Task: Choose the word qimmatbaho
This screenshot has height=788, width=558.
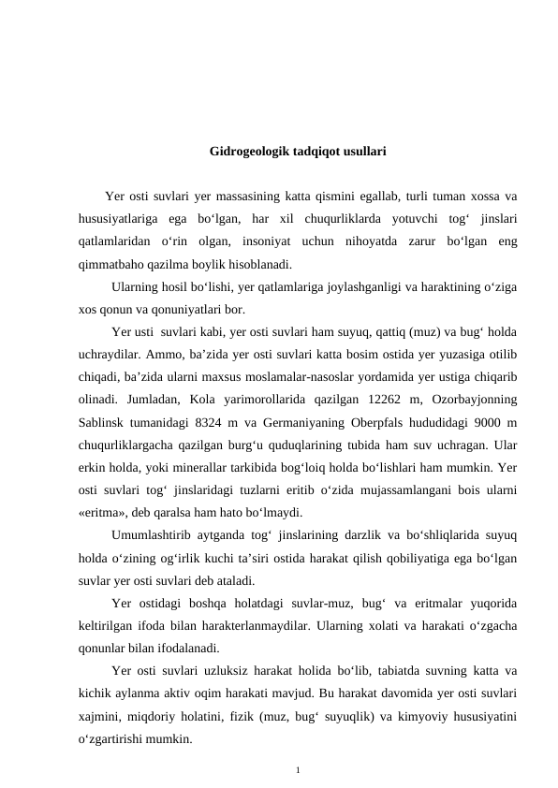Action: click(114, 264)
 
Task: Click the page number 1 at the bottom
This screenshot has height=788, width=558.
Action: click(297, 770)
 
